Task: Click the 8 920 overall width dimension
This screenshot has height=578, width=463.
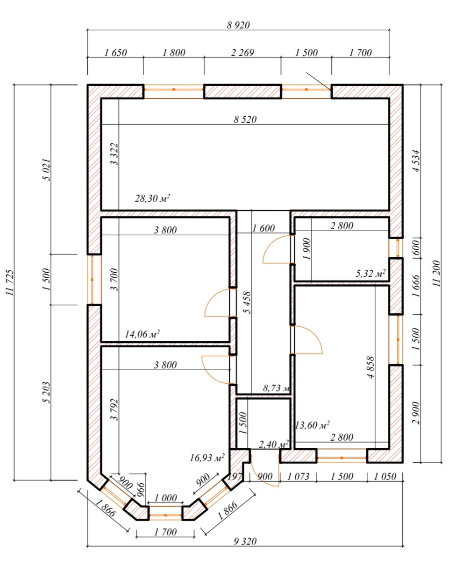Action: [x=238, y=25]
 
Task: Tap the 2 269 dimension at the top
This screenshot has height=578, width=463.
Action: [x=242, y=53]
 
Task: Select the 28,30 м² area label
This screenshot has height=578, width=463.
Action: [x=152, y=198]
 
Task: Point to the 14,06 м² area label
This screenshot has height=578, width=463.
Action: [x=142, y=334]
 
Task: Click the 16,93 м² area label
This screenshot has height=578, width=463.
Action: [x=207, y=458]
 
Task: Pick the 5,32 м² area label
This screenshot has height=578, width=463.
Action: [x=370, y=274]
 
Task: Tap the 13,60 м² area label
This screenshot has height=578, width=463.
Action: [x=312, y=425]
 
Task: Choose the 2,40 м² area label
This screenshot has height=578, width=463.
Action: [x=274, y=444]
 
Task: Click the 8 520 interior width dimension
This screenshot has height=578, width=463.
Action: [x=245, y=119]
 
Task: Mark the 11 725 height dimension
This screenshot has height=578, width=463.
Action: [x=10, y=282]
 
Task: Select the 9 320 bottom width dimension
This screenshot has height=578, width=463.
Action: [x=245, y=541]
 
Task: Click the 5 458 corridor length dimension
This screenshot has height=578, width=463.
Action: [x=247, y=303]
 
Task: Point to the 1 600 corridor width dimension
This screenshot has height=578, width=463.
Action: [x=263, y=228]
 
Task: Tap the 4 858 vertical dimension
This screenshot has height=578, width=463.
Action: [x=370, y=367]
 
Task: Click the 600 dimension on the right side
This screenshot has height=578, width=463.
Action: [x=416, y=247]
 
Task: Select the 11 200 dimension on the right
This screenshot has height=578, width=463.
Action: [x=437, y=274]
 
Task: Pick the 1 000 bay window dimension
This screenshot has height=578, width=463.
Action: [x=165, y=498]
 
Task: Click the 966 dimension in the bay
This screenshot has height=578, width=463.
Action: [x=141, y=489]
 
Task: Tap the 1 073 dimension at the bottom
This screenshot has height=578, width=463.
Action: [x=298, y=477]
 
